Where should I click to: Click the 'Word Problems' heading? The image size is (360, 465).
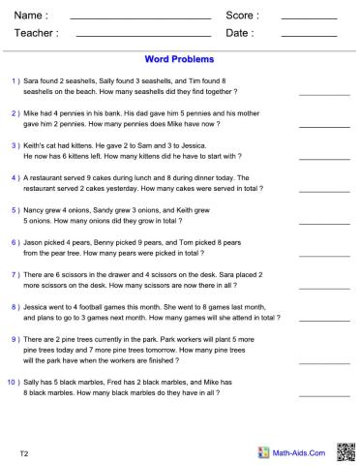pyautogui.click(x=179, y=58)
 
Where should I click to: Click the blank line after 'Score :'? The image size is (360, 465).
pyautogui.click(x=310, y=19)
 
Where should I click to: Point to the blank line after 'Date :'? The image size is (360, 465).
pyautogui.click(x=310, y=38)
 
